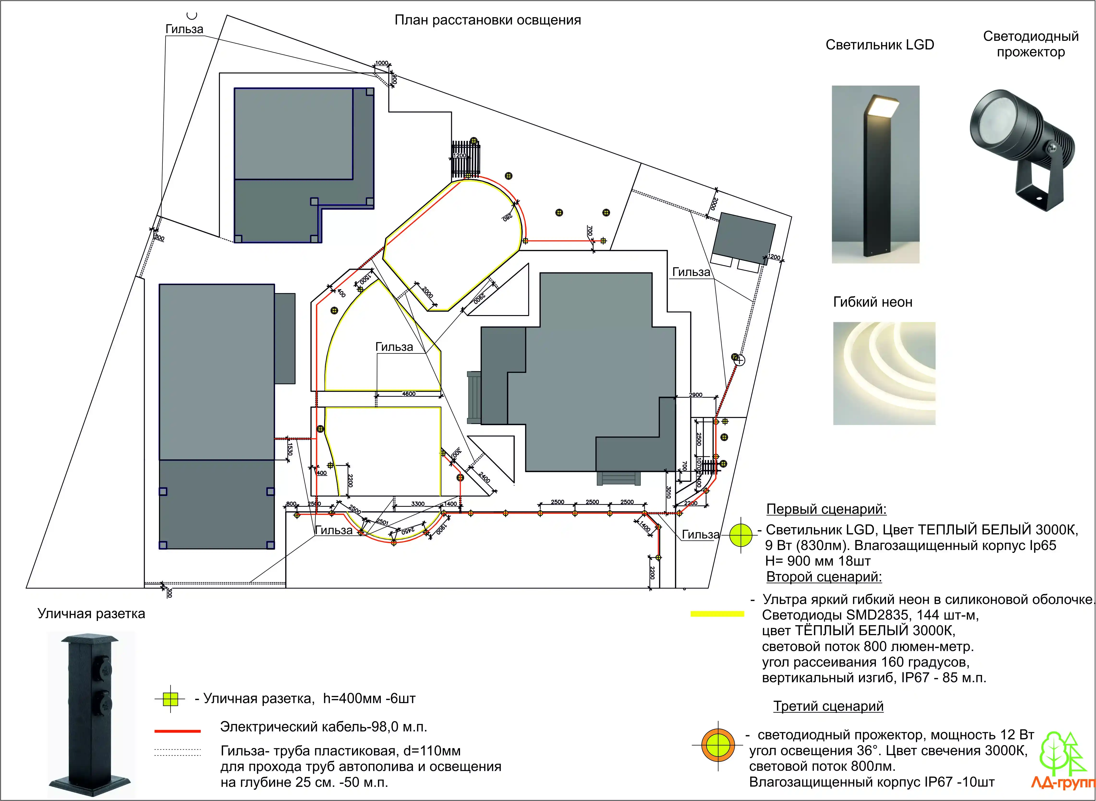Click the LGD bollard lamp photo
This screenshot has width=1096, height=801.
point(875,174)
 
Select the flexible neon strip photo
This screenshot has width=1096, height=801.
point(884,373)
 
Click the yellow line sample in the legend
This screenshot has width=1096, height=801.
point(717,614)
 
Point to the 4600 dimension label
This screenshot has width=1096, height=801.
point(409,394)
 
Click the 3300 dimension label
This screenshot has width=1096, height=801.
point(418,504)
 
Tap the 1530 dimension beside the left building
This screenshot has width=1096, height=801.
point(290,448)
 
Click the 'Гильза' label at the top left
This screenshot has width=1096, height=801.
point(184,29)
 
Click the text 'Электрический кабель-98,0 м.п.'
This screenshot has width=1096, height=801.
point(324,727)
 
